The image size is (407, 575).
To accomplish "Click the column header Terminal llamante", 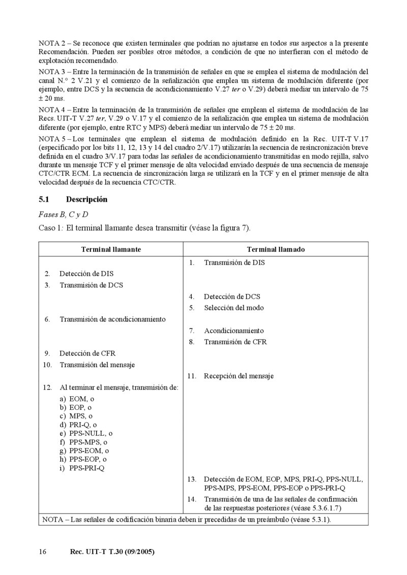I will point(111,249).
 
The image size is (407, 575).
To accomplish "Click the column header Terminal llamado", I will point(276,249).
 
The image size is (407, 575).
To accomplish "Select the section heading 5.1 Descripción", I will point(73,200).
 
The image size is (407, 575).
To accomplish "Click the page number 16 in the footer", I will point(43,552).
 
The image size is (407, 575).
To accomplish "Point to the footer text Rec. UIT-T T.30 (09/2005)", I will point(111,552).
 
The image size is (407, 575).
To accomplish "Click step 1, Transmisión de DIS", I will point(234,263).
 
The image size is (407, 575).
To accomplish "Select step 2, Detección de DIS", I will point(86,274).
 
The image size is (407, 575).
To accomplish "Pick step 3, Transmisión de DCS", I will point(91,285).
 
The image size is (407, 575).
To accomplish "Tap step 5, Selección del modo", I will point(234,307).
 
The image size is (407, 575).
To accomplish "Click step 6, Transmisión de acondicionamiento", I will point(112,319).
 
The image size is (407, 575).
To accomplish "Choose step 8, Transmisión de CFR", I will point(235,342).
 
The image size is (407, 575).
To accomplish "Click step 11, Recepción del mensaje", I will point(239,376).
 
